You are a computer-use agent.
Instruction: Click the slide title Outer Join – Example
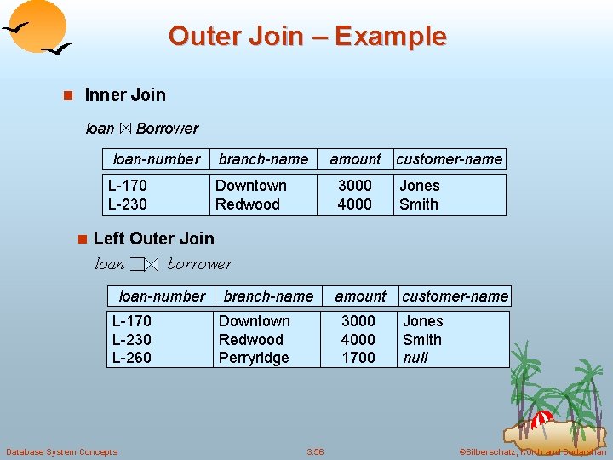point(306,37)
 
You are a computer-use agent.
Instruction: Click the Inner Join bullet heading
point(125,95)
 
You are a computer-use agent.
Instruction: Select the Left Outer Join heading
point(153,239)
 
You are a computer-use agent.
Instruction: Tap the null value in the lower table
point(415,358)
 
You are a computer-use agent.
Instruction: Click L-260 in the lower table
point(132,358)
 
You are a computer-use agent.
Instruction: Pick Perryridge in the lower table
point(254,358)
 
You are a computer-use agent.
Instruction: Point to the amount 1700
point(358,358)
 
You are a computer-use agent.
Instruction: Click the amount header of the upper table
point(355,159)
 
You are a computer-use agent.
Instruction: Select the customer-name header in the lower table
point(455,296)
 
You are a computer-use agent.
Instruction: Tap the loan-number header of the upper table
point(157,159)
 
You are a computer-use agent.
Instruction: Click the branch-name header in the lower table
point(268,296)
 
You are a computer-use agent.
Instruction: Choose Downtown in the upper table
point(250,186)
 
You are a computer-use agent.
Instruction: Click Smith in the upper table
point(419,204)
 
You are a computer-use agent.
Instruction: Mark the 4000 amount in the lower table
point(358,339)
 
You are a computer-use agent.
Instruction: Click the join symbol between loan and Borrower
point(125,129)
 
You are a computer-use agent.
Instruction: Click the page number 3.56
point(315,451)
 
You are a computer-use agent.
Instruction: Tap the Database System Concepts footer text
point(61,451)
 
